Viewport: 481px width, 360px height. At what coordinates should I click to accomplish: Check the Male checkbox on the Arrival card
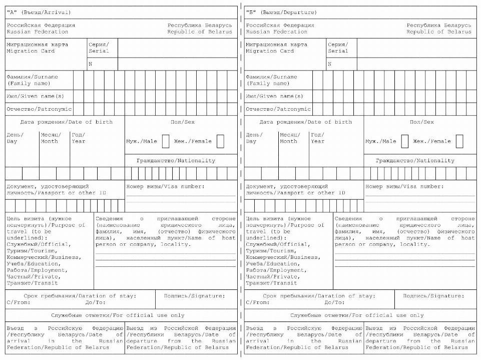point(166,141)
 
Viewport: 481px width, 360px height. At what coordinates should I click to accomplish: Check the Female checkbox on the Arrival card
point(220,141)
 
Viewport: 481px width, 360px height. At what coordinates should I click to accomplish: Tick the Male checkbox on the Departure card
point(405,141)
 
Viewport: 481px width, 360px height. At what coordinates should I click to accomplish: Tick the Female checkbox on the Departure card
point(459,141)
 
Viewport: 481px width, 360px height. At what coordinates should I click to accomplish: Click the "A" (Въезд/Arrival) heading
point(39,12)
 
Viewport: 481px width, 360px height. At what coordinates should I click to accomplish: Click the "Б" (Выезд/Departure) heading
point(281,12)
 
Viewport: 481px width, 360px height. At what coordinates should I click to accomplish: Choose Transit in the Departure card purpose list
point(271,283)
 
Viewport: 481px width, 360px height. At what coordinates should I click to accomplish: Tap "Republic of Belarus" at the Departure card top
point(439,32)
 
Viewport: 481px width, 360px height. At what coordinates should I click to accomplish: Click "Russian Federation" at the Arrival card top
point(38,32)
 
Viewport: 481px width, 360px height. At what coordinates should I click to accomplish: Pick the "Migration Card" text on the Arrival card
point(30,51)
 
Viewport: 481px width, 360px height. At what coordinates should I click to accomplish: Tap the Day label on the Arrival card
point(12,141)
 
